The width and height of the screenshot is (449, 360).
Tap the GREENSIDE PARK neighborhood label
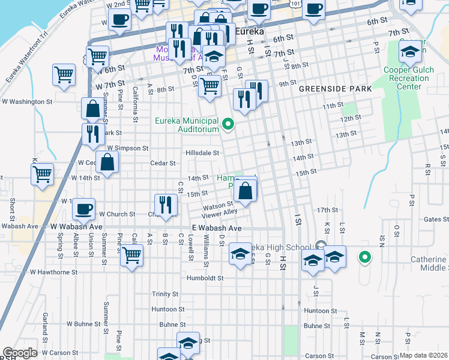336,89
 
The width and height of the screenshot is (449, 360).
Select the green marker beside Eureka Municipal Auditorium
228,125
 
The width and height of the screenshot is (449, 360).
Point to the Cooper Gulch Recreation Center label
410,79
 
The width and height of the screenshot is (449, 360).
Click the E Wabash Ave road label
216,229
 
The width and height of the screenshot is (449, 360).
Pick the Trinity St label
165,294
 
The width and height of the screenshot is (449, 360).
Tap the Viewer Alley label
220,212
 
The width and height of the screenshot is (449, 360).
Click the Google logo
20,353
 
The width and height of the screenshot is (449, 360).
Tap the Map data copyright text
424,355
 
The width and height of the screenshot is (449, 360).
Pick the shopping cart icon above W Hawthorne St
131,255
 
